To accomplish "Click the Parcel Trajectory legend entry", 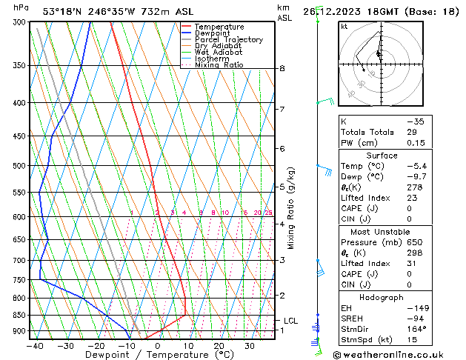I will pyautogui.click(x=228, y=39).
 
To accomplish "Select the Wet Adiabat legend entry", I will pyautogui.click(x=219, y=52).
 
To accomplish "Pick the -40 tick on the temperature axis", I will pyautogui.click(x=35, y=346).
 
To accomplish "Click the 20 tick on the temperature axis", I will pyautogui.click(x=219, y=346).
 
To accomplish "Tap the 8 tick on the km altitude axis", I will pyautogui.click(x=282, y=69).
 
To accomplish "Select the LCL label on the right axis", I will pyautogui.click(x=291, y=321).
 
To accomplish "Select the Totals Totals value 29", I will pyautogui.click(x=412, y=132).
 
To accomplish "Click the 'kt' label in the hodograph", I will pyautogui.click(x=344, y=27).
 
